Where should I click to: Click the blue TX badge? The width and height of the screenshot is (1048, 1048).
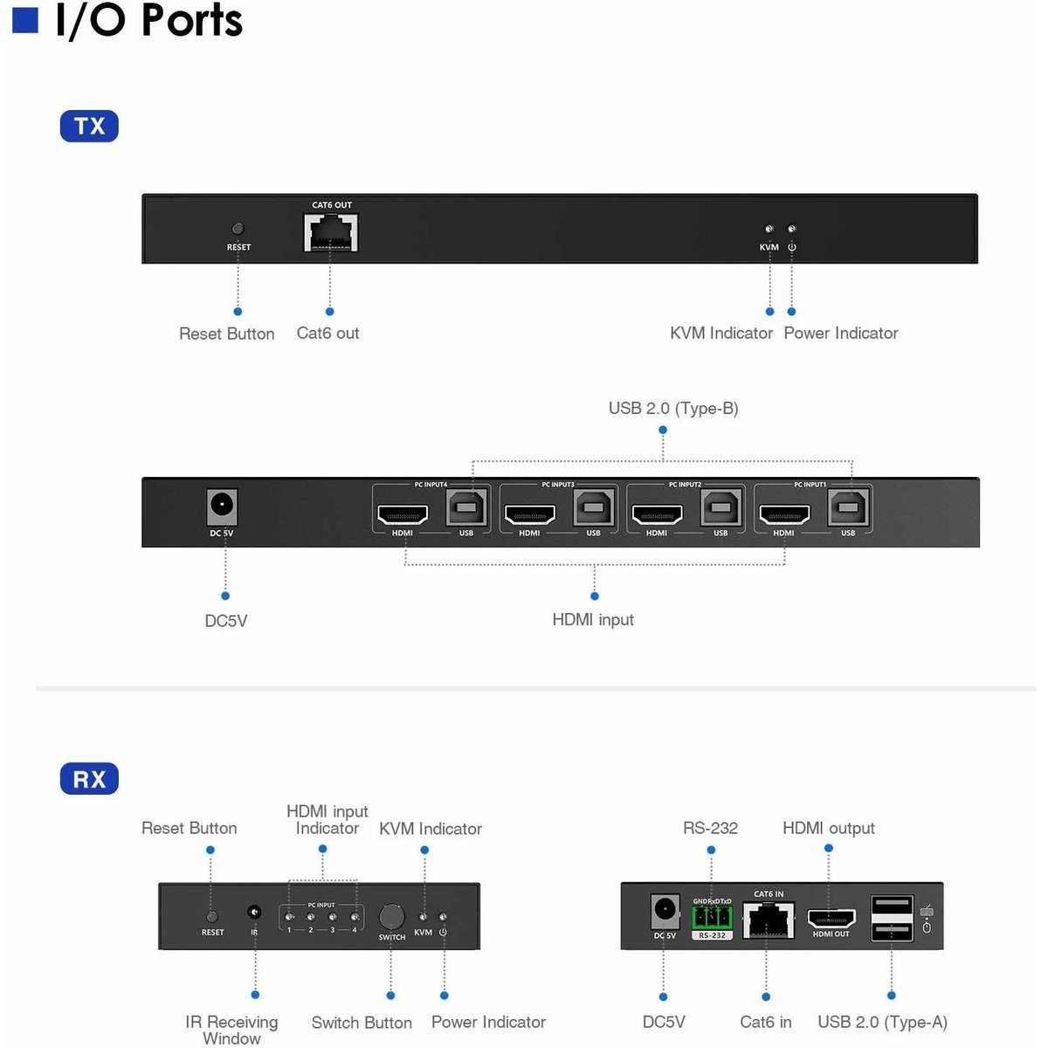pyautogui.click(x=89, y=127)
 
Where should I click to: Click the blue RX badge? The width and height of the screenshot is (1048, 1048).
pyautogui.click(x=89, y=779)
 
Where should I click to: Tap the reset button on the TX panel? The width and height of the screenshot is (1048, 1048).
pyautogui.click(x=238, y=229)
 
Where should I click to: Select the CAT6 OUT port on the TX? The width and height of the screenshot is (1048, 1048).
pyautogui.click(x=331, y=233)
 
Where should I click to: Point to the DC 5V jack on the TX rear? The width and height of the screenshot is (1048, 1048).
pyautogui.click(x=222, y=506)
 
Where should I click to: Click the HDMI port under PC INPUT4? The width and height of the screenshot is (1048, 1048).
pyautogui.click(x=403, y=514)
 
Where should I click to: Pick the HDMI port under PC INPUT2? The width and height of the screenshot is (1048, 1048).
pyautogui.click(x=657, y=514)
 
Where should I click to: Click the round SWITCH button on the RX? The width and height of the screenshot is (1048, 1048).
pyautogui.click(x=391, y=917)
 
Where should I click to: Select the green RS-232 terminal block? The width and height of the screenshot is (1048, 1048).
pyautogui.click(x=712, y=917)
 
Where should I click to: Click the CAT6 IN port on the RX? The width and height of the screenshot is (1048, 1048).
pyautogui.click(x=768, y=920)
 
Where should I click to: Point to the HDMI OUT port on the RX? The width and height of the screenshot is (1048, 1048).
pyautogui.click(x=831, y=919)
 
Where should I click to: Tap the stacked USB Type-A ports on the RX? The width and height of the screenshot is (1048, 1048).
pyautogui.click(x=892, y=918)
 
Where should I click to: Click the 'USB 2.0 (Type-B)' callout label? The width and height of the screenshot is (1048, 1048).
pyautogui.click(x=673, y=409)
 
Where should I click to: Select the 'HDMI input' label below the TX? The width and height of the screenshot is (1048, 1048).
pyautogui.click(x=593, y=620)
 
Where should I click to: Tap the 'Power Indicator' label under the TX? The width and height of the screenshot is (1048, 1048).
pyautogui.click(x=840, y=334)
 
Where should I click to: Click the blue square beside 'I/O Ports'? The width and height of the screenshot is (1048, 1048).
pyautogui.click(x=25, y=20)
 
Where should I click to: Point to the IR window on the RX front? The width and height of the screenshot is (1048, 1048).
pyautogui.click(x=255, y=913)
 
